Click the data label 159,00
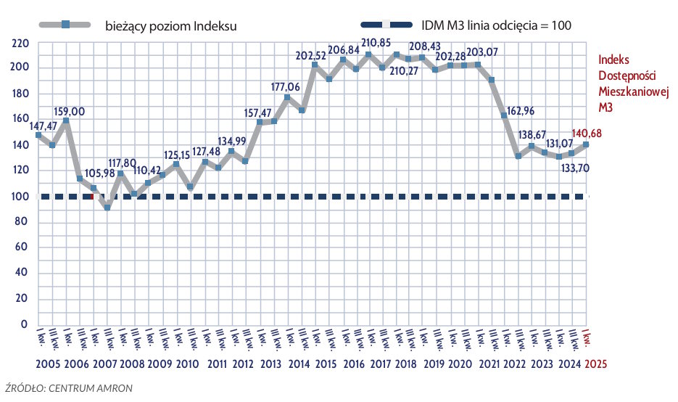pos(69,111)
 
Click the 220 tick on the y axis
pos(20,43)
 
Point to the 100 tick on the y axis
pos(20,196)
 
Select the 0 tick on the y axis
pos(24,324)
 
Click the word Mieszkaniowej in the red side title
pos(632,91)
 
